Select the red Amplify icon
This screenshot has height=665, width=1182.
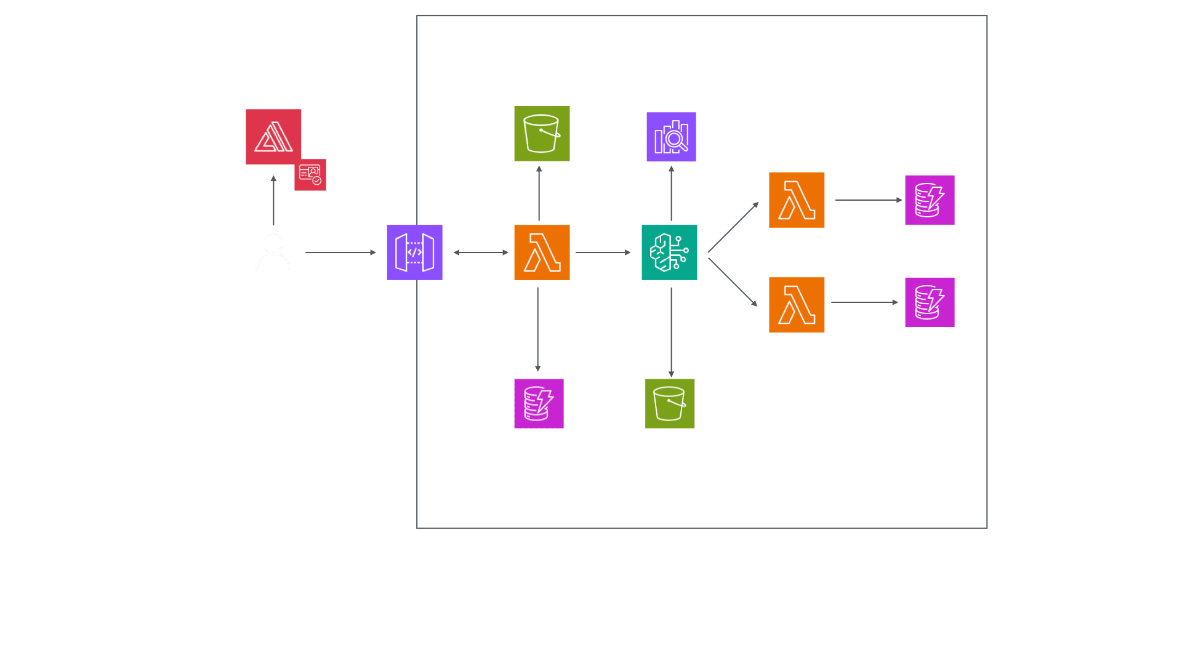(273, 137)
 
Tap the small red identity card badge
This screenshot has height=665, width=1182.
(310, 174)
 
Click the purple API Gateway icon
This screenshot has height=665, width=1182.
(414, 252)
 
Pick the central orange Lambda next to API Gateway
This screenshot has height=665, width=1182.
(542, 252)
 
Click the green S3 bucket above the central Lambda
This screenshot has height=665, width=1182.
(542, 134)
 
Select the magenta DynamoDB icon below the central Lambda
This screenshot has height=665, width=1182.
(539, 403)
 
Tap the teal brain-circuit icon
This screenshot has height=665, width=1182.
(669, 252)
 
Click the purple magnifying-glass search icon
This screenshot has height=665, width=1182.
(671, 137)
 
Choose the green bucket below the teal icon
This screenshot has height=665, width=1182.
(670, 403)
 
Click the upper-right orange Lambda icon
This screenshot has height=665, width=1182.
(797, 200)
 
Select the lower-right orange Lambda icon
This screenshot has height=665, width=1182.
(797, 305)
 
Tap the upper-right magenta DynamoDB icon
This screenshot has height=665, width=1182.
(930, 200)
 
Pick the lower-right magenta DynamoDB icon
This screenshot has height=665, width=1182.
(930, 302)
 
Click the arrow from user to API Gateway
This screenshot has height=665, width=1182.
(340, 252)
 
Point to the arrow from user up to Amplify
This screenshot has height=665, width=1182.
(273, 201)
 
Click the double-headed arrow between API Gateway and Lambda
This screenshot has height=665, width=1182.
(481, 252)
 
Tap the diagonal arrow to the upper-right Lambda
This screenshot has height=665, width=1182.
(733, 227)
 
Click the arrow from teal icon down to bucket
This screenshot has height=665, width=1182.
(671, 332)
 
